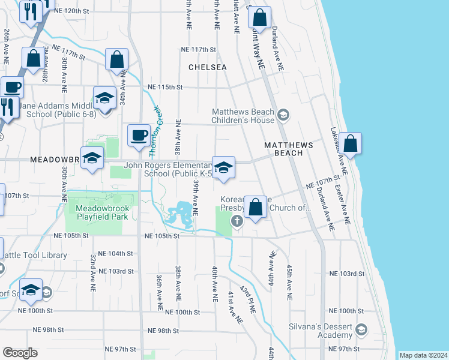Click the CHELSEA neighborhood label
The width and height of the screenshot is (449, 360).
tap(208, 67)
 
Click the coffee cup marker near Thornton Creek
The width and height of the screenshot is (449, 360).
tap(139, 135)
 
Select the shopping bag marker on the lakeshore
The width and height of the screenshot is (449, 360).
tap(351, 143)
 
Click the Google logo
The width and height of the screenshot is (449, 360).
tap(20, 353)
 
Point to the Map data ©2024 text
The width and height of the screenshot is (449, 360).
tap(423, 355)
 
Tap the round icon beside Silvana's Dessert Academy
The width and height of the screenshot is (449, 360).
tap(361, 329)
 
